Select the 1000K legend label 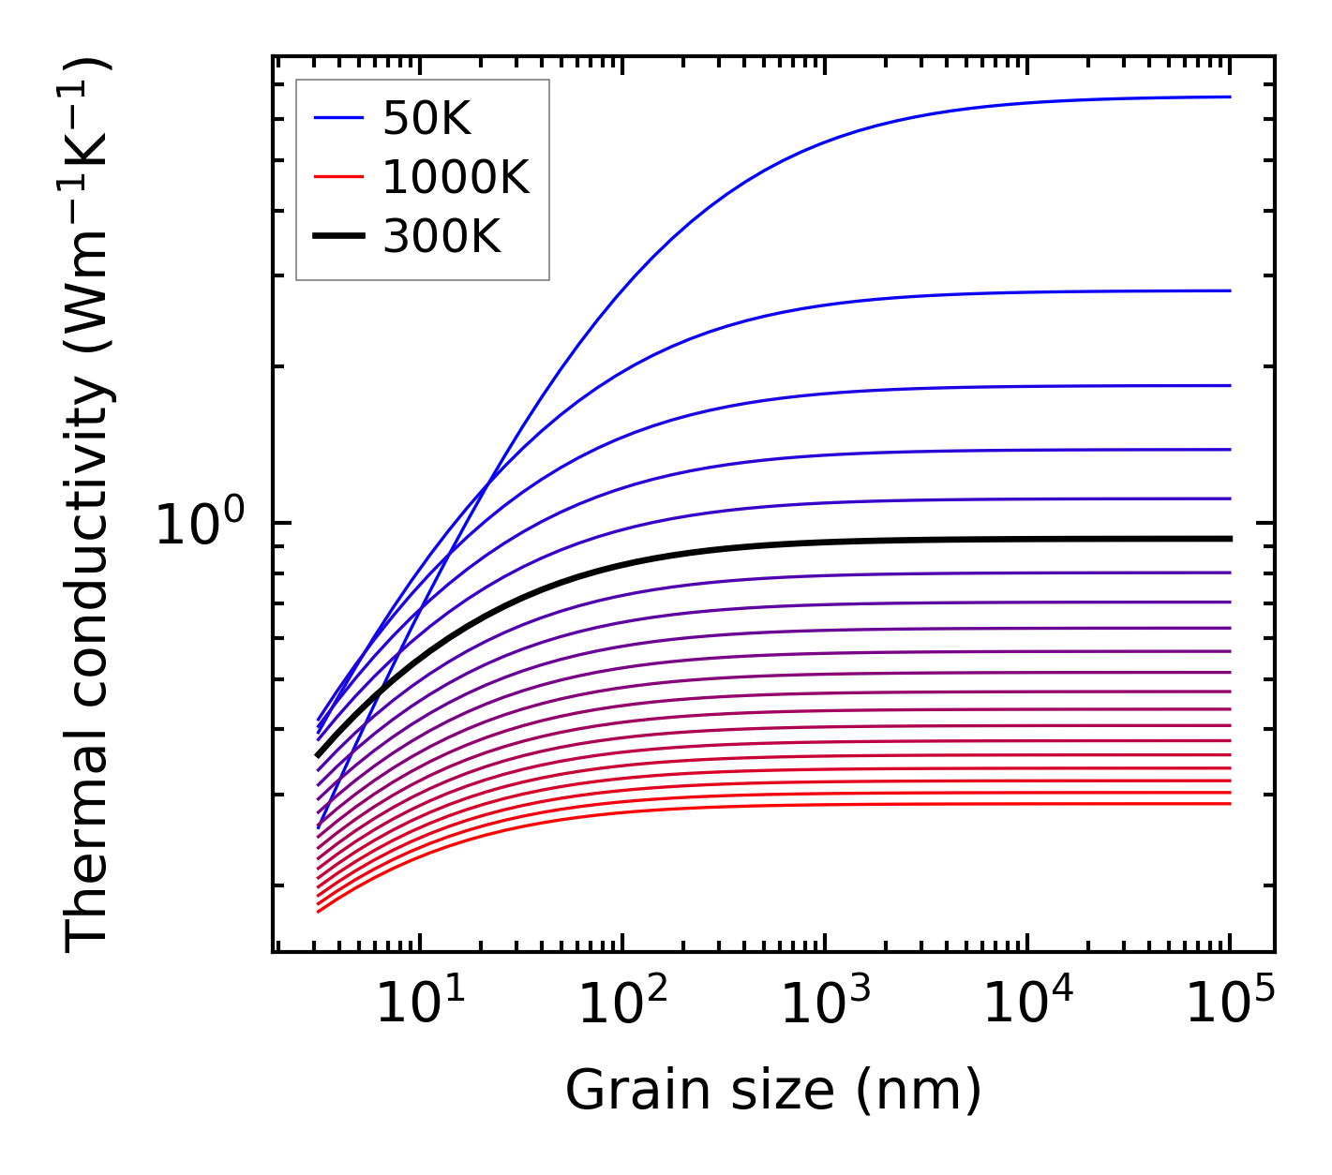[456, 177]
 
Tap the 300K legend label [442, 237]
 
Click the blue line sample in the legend [337, 118]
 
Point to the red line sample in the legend [337, 176]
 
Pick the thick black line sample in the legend [337, 236]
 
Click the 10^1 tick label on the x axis [421, 1004]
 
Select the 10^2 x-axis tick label [623, 1004]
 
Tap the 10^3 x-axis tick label [826, 1004]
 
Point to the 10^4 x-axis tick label [1028, 1004]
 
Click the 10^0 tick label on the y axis [199, 525]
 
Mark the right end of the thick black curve [1229, 539]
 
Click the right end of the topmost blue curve [1229, 97]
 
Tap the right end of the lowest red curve [1229, 803]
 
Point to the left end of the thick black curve [319, 754]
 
